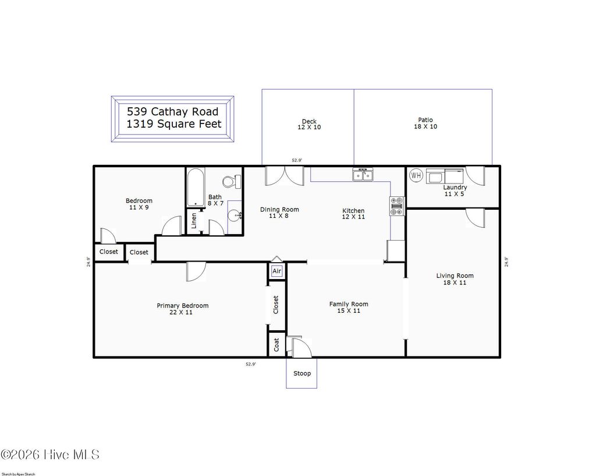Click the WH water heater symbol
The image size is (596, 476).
[x=416, y=175]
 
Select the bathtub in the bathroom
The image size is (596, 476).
[x=195, y=188]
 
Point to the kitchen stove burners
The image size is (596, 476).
[x=397, y=206]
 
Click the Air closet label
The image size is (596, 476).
[x=276, y=271]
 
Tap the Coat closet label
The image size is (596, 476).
[x=276, y=344]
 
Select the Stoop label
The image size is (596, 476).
[x=301, y=373]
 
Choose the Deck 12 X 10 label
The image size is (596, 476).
[x=309, y=124]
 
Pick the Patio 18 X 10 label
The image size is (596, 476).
[x=425, y=124]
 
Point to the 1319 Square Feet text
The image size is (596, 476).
[x=173, y=124]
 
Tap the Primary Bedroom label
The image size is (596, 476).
[x=182, y=309]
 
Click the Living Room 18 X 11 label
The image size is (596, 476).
[x=455, y=279]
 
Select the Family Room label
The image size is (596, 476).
[x=348, y=307]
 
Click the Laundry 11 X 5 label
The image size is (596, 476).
[x=455, y=191]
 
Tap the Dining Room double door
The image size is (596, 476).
[x=284, y=176]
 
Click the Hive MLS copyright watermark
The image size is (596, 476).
[x=50, y=454]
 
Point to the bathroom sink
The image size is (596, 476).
[x=236, y=216]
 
